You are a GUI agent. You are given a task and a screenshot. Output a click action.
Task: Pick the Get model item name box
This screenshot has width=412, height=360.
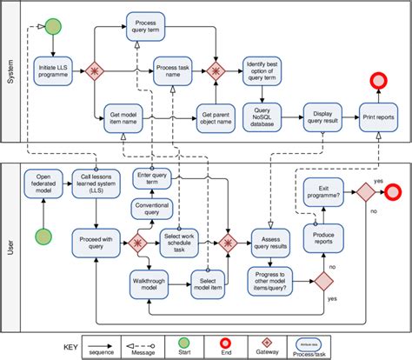pyautogui.click(x=126, y=117)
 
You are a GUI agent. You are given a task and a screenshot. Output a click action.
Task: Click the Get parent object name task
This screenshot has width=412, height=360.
pyautogui.click(x=216, y=117)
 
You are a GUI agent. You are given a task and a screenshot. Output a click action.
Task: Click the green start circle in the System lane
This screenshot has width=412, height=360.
pyautogui.click(x=53, y=27)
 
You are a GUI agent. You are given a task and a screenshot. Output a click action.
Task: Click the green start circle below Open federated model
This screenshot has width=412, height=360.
pyautogui.click(x=43, y=237)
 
